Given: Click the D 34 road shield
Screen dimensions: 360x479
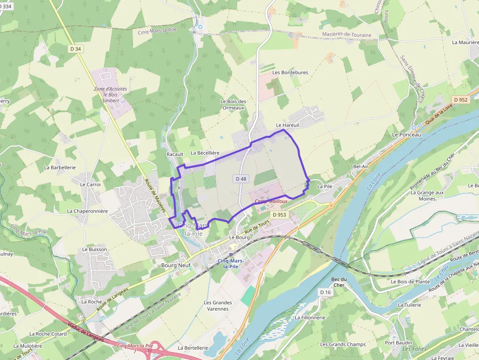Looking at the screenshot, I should [x=76, y=48].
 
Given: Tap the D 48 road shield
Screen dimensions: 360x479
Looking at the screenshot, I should [x=241, y=179].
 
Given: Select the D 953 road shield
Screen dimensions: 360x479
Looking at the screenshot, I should [x=279, y=214].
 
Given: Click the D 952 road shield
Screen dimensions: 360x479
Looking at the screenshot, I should [x=460, y=100].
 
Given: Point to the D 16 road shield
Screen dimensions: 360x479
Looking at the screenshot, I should [x=326, y=292].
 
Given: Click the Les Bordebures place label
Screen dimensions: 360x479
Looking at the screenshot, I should [x=290, y=73].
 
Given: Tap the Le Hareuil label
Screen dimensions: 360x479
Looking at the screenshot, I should [x=287, y=125].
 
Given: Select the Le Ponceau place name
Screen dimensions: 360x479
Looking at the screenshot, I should [x=406, y=134].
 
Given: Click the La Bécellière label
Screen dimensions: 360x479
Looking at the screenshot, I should [x=205, y=153].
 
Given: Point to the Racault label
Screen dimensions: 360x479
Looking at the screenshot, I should [x=175, y=154].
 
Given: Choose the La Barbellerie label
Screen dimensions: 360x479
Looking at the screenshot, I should [x=60, y=167].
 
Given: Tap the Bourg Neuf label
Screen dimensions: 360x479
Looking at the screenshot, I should [x=175, y=265].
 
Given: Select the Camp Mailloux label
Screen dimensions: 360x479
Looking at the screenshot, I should [x=271, y=201].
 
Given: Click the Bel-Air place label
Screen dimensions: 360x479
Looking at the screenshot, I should [x=361, y=167].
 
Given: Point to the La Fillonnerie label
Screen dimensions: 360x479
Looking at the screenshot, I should [x=310, y=318].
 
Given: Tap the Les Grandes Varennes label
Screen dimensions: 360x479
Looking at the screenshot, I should [x=218, y=306].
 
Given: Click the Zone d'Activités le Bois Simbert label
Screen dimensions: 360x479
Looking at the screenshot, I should [x=110, y=94].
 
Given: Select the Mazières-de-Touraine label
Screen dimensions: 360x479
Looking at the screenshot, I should [x=347, y=35].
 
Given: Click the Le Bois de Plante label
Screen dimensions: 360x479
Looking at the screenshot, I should [x=410, y=281].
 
